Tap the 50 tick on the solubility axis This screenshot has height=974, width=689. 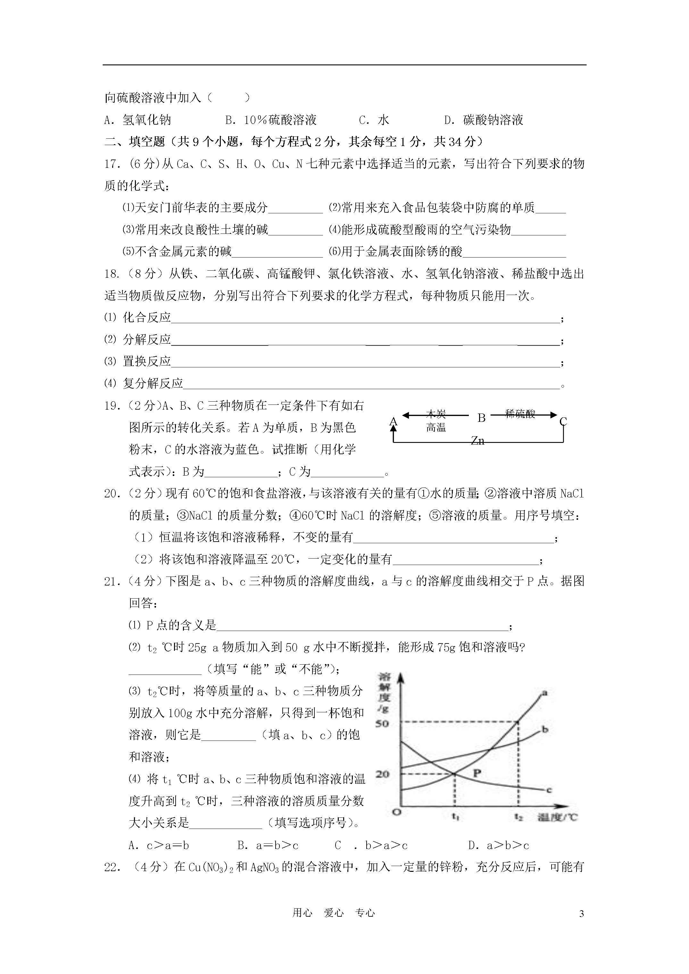click(x=382, y=723)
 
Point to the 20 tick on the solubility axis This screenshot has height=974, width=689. click(x=382, y=774)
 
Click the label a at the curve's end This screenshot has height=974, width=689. click(x=545, y=693)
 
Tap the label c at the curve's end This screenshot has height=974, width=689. click(x=549, y=790)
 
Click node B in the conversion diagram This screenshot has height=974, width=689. click(x=481, y=418)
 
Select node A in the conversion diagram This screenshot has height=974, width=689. click(x=394, y=421)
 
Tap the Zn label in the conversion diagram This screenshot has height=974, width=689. click(x=477, y=441)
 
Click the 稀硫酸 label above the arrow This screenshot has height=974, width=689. click(x=520, y=413)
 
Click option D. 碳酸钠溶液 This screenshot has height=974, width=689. click(x=484, y=120)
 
